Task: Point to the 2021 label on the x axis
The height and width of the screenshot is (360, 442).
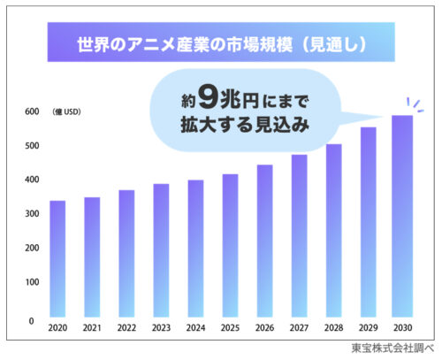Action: click(x=92, y=328)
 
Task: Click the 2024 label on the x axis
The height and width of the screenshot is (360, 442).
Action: click(x=195, y=328)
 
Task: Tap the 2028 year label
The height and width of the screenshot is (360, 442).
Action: click(x=333, y=328)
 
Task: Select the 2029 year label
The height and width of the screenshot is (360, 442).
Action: click(x=368, y=328)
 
